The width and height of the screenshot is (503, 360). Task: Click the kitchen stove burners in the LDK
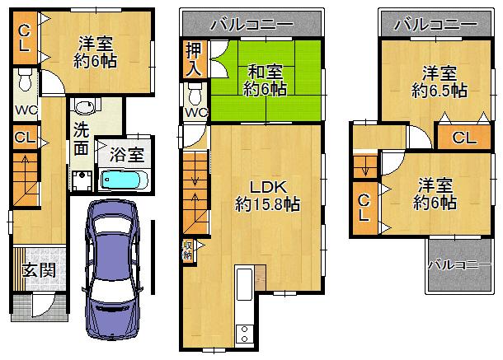(x=244, y=334)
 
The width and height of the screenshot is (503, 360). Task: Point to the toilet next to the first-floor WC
(x=25, y=82)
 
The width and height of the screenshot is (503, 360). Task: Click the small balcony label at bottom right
(x=454, y=264)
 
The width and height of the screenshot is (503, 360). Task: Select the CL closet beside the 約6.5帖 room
(x=463, y=138)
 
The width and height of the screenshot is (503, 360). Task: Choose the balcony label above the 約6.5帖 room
(x=435, y=24)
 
